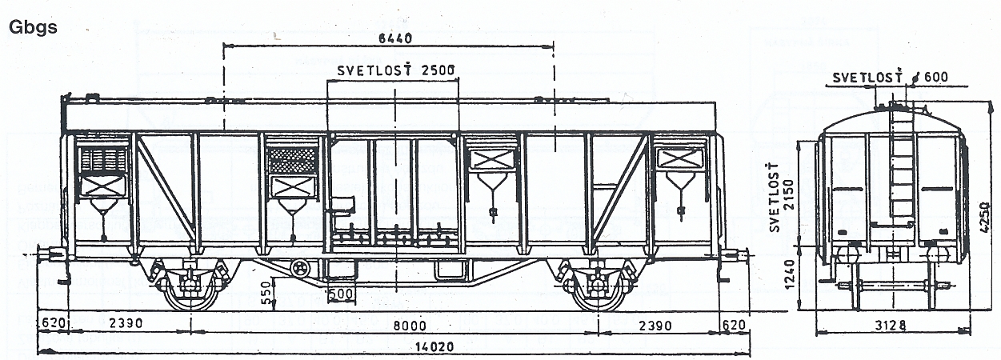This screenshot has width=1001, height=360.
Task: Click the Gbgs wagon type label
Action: (33, 28)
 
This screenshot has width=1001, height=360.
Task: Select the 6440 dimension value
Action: (395, 38)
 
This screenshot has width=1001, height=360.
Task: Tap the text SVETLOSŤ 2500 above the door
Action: (396, 70)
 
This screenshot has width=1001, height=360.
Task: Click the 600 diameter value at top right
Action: (935, 77)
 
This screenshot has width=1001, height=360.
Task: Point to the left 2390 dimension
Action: (126, 322)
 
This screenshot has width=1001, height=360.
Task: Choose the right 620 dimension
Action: (733, 325)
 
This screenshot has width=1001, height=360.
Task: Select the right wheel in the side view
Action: (598, 293)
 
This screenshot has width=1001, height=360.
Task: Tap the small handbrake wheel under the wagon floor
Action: (300, 269)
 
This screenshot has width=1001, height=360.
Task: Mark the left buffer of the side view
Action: (50, 254)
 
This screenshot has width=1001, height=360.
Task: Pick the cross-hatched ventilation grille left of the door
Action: (292, 160)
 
